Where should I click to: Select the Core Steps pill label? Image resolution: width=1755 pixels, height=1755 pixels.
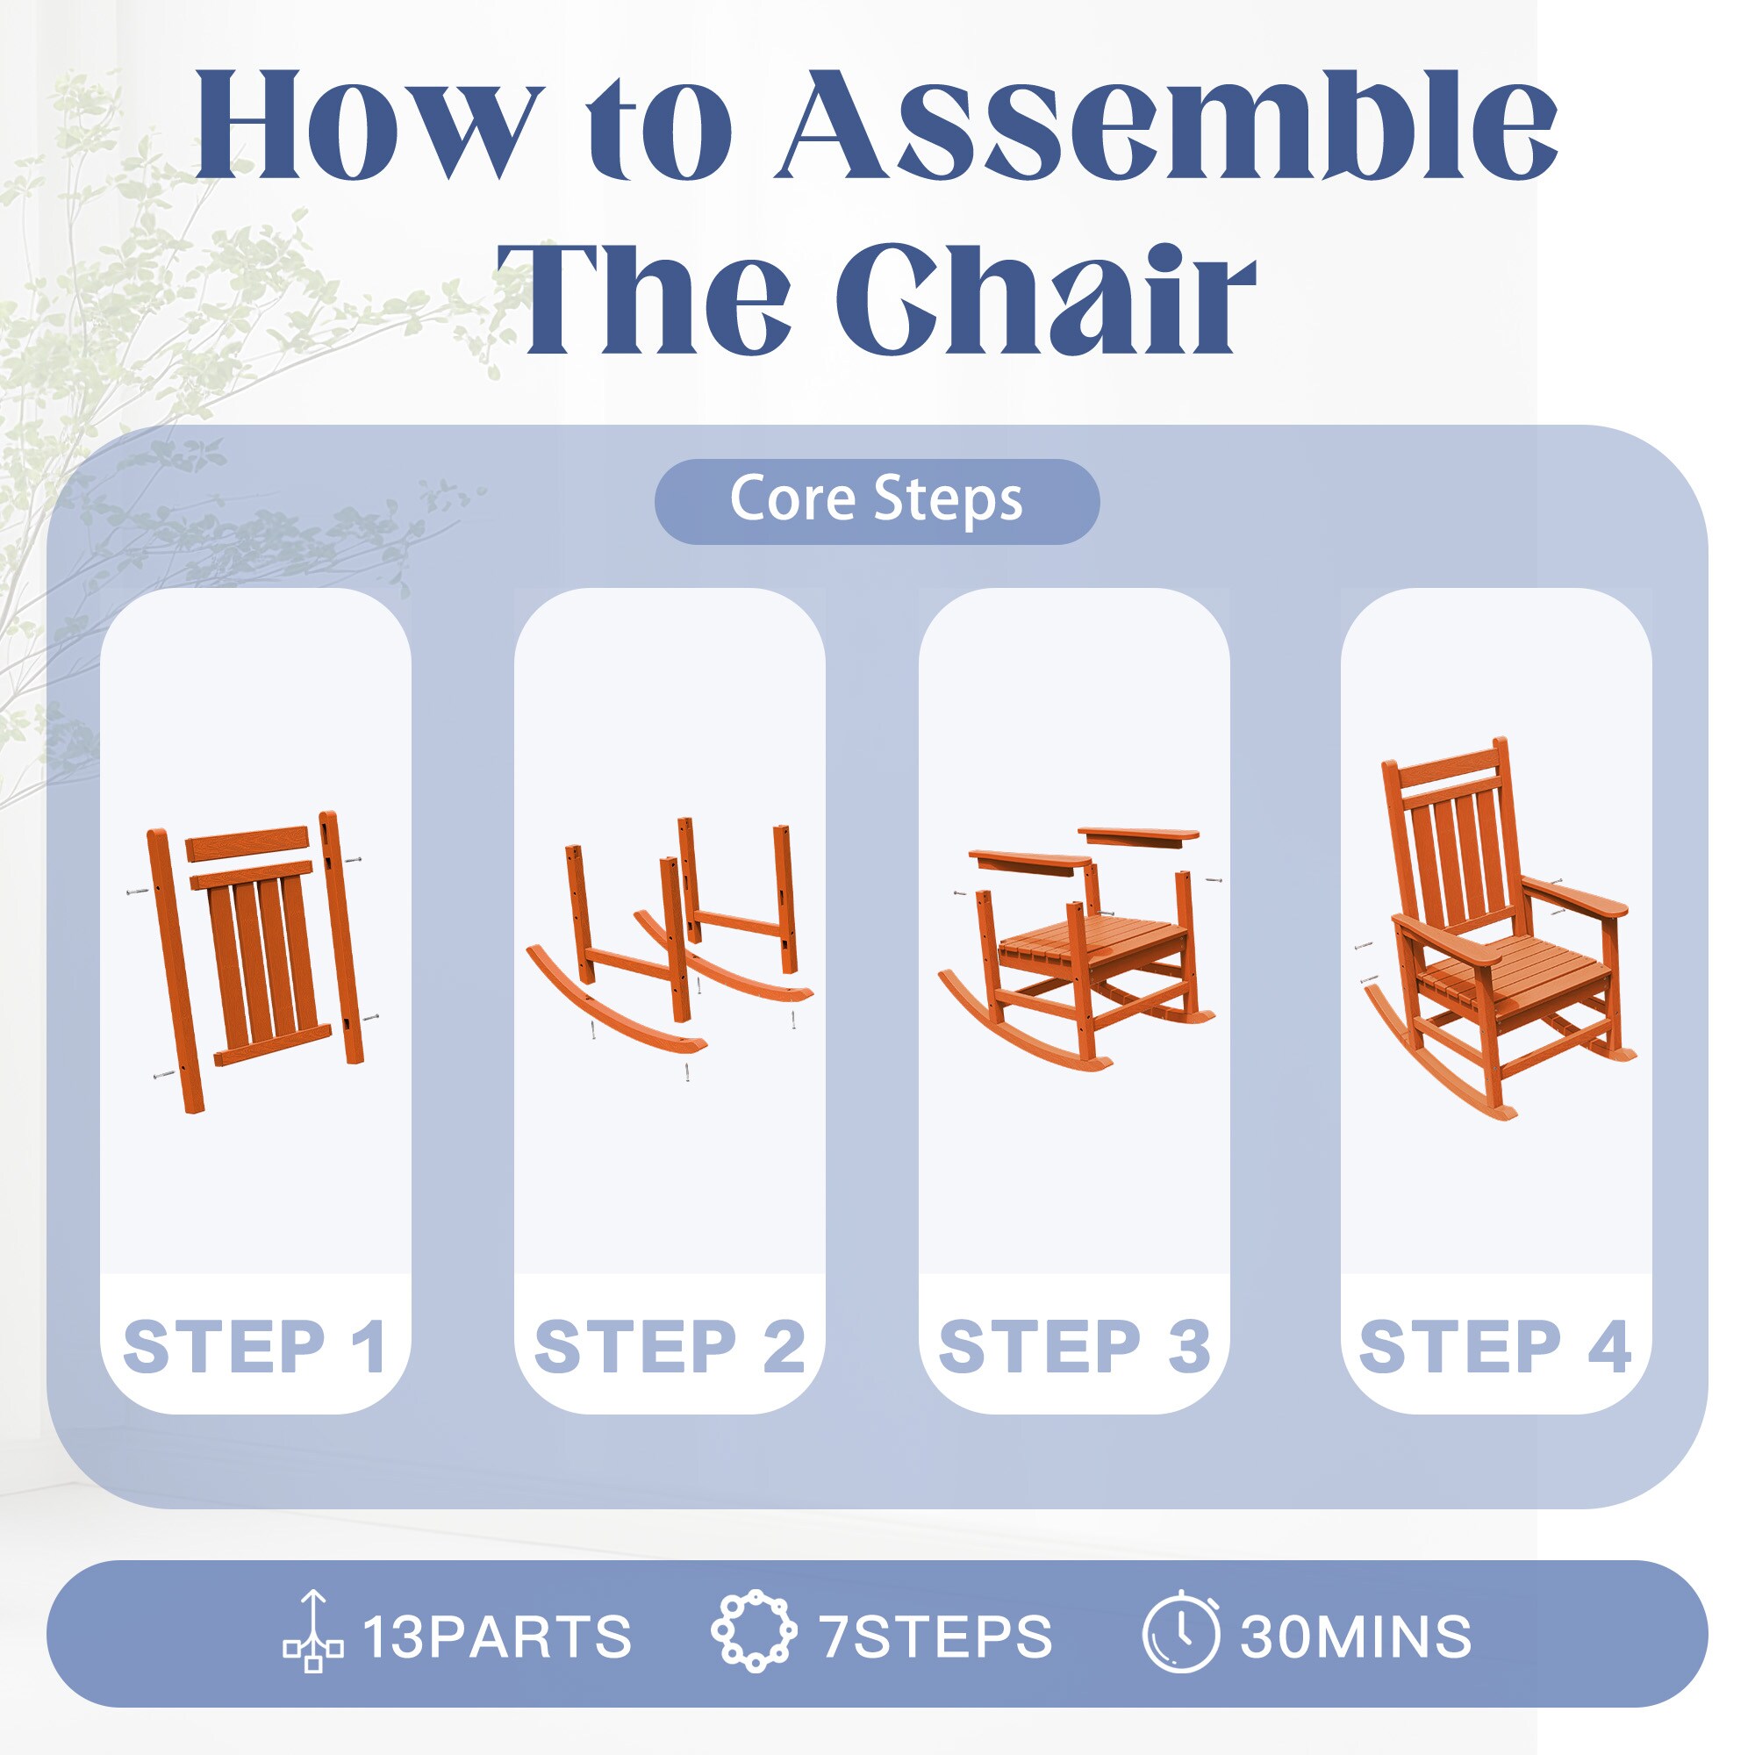(x=877, y=500)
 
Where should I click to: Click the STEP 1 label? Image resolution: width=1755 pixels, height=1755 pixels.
(x=255, y=1346)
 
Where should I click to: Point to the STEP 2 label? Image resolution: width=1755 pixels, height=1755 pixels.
(x=670, y=1346)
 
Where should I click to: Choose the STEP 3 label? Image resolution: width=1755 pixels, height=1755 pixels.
(x=1075, y=1346)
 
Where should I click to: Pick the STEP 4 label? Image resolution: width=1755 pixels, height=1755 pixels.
(x=1495, y=1346)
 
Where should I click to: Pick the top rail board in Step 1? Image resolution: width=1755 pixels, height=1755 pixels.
(x=248, y=844)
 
